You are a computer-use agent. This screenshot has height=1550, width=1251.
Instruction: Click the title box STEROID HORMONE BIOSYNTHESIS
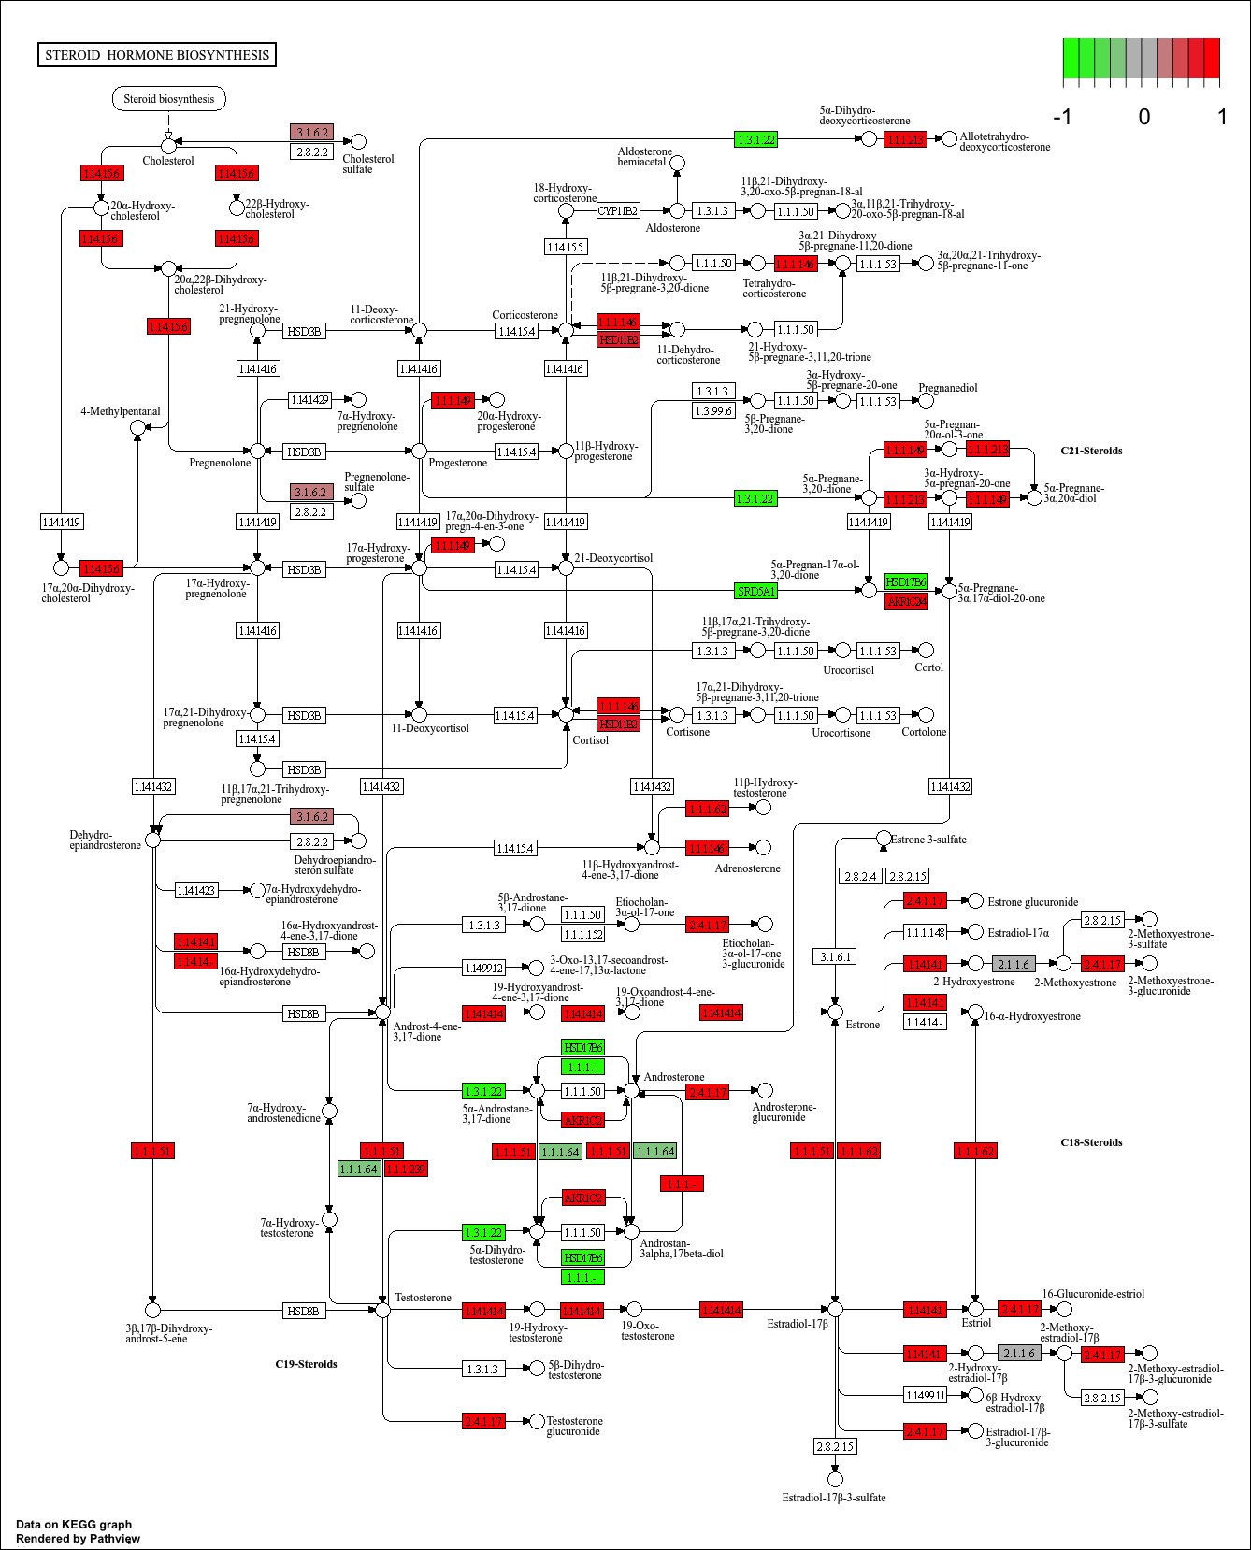pyautogui.click(x=157, y=55)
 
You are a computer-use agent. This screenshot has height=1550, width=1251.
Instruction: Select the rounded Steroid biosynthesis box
pyautogui.click(x=168, y=99)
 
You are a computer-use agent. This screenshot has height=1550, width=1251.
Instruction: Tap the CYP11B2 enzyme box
pyautogui.click(x=618, y=211)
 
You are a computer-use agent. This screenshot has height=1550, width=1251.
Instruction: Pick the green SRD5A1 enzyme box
pyautogui.click(x=755, y=591)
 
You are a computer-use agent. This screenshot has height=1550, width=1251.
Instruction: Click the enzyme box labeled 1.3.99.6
pyautogui.click(x=713, y=410)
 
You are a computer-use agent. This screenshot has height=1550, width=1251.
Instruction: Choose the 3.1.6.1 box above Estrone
pyautogui.click(x=835, y=956)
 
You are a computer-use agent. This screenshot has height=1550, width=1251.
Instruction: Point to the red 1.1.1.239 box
pyautogui.click(x=406, y=1169)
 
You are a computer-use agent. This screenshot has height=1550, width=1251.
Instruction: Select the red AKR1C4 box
pyautogui.click(x=905, y=601)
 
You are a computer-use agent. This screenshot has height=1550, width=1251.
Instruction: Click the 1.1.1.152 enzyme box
pyautogui.click(x=582, y=934)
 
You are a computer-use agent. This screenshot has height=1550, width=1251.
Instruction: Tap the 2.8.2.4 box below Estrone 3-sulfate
pyautogui.click(x=860, y=876)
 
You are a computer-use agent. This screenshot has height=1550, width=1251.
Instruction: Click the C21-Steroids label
pyautogui.click(x=1091, y=451)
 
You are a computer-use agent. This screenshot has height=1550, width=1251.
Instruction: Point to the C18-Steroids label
pyautogui.click(x=1091, y=1142)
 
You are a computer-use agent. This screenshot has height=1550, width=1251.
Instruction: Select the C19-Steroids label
pyautogui.click(x=306, y=1364)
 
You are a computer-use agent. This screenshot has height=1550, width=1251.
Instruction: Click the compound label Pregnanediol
pyautogui.click(x=947, y=388)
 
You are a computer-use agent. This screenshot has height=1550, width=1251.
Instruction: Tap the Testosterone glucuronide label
pyautogui.click(x=574, y=1426)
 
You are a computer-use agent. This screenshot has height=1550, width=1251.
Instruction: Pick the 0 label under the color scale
pyautogui.click(x=1143, y=117)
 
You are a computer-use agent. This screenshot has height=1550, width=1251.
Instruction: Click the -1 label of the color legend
pyautogui.click(x=1062, y=117)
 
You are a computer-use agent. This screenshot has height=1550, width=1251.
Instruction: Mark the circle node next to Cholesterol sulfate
pyautogui.click(x=358, y=141)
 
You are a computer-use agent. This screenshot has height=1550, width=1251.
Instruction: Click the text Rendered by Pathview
pyautogui.click(x=78, y=1538)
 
